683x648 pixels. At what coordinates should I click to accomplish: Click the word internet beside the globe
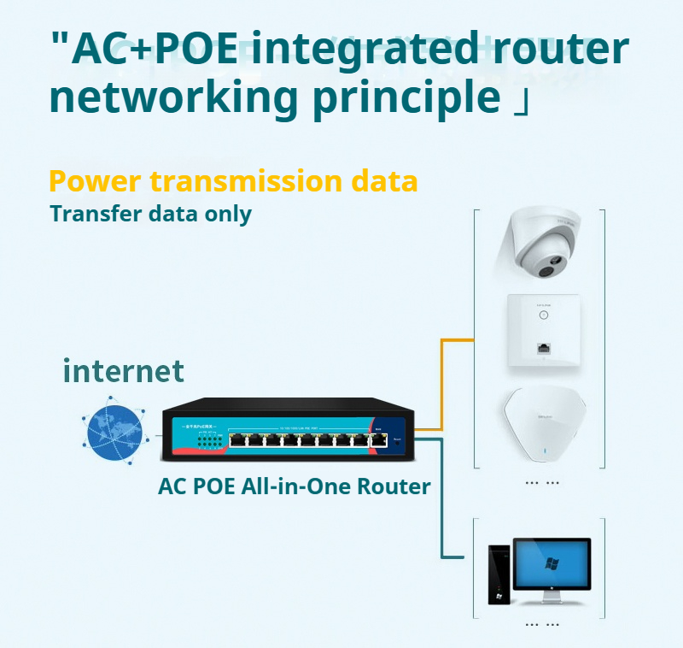click(x=123, y=371)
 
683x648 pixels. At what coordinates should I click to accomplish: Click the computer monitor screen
click(x=552, y=565)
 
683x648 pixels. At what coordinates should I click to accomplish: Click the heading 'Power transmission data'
click(x=233, y=181)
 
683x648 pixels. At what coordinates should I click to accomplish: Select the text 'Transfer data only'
click(x=150, y=214)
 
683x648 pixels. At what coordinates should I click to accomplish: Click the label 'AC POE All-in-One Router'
click(x=295, y=487)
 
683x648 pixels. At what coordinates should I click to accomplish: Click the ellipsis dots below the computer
click(x=542, y=625)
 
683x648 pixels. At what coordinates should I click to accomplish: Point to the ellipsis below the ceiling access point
click(x=542, y=483)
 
